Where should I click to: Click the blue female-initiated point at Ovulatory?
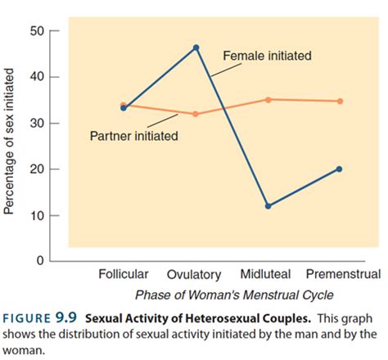click(196, 47)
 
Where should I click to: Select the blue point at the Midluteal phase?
click(268, 206)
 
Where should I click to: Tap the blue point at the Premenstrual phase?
click(339, 169)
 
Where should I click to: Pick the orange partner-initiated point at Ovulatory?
click(196, 114)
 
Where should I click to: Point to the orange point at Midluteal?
click(268, 100)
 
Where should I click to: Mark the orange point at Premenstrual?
click(339, 101)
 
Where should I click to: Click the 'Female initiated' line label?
click(267, 56)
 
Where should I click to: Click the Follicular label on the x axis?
click(123, 274)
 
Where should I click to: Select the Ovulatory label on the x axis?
click(194, 275)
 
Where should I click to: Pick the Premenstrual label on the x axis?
click(342, 274)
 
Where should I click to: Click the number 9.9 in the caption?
click(70, 317)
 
